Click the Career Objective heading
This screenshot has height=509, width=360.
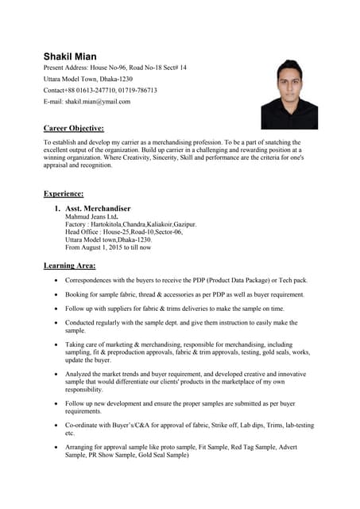(x=73, y=128)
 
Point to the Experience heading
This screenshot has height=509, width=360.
(x=64, y=193)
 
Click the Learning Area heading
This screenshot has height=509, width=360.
(x=69, y=265)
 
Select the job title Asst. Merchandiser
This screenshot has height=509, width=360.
(x=98, y=208)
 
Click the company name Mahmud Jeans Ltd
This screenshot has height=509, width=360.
(x=91, y=216)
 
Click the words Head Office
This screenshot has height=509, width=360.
(x=82, y=232)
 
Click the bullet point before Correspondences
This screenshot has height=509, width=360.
(x=54, y=281)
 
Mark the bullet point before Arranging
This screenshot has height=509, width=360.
(x=54, y=448)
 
